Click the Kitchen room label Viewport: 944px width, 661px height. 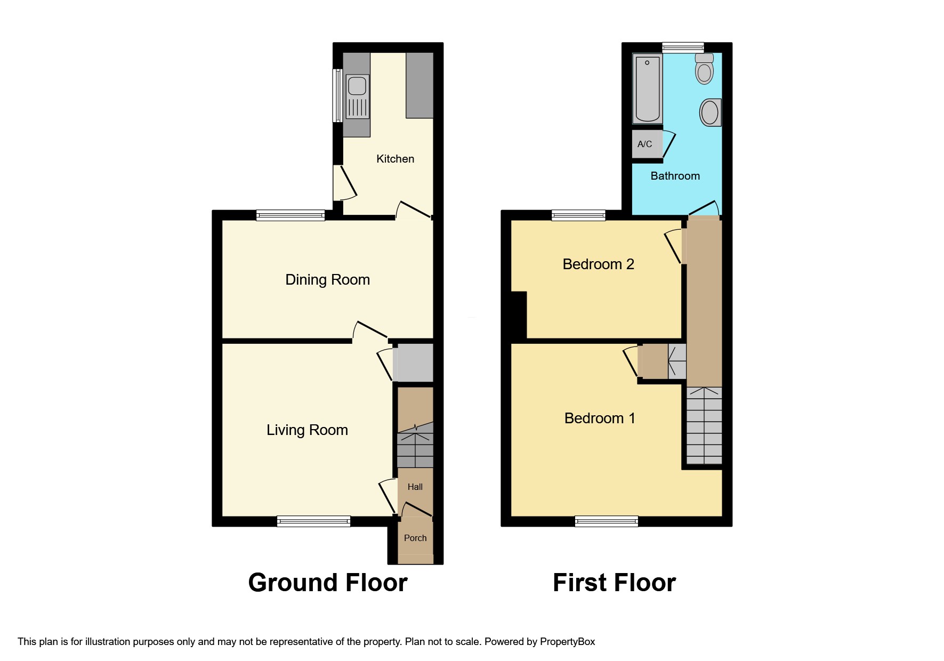tap(395, 159)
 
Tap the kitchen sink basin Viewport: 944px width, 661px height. tap(357, 86)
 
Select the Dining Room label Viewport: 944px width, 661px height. tap(327, 280)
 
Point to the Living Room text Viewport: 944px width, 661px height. tap(307, 430)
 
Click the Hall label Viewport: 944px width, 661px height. tap(415, 487)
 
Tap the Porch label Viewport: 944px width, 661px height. tap(415, 538)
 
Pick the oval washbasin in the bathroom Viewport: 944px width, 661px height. tap(709, 112)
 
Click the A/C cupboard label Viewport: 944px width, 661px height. tap(644, 144)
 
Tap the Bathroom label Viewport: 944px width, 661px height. tap(675, 176)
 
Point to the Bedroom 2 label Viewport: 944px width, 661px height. tap(598, 264)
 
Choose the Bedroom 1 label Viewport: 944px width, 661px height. tap(600, 418)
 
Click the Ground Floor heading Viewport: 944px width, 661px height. tap(328, 583)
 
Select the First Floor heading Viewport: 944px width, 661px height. tap(614, 583)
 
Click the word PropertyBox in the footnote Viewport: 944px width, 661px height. tap(567, 642)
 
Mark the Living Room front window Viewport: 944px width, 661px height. tap(313, 521)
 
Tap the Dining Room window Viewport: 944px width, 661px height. tap(291, 215)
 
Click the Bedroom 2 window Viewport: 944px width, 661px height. tap(578, 215)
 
